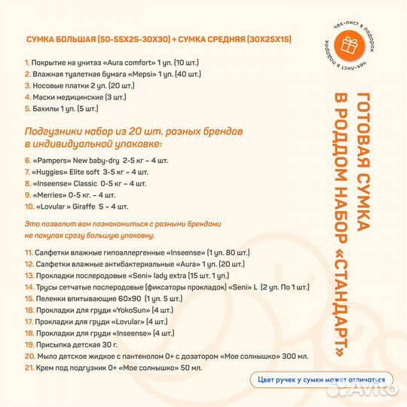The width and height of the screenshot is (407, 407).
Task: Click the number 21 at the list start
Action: pyautogui.click(x=29, y=367)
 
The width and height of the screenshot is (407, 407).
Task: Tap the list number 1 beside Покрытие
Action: pyautogui.click(x=26, y=63)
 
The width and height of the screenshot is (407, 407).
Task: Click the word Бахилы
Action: pyautogui.click(x=45, y=108)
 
